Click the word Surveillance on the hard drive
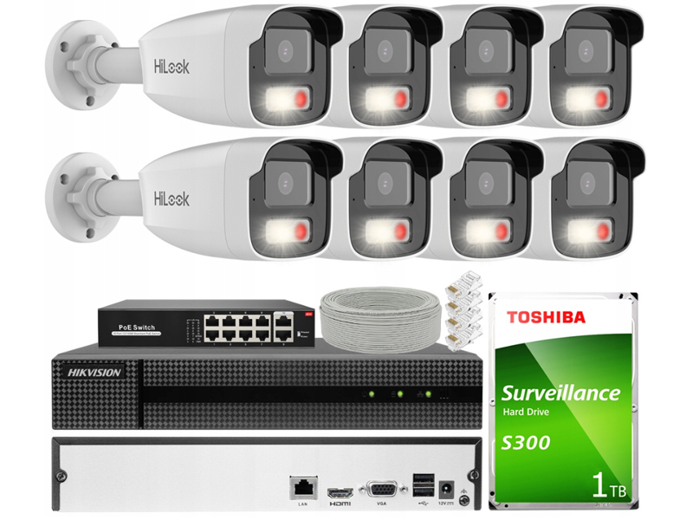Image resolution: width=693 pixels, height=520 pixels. click(561, 393)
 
